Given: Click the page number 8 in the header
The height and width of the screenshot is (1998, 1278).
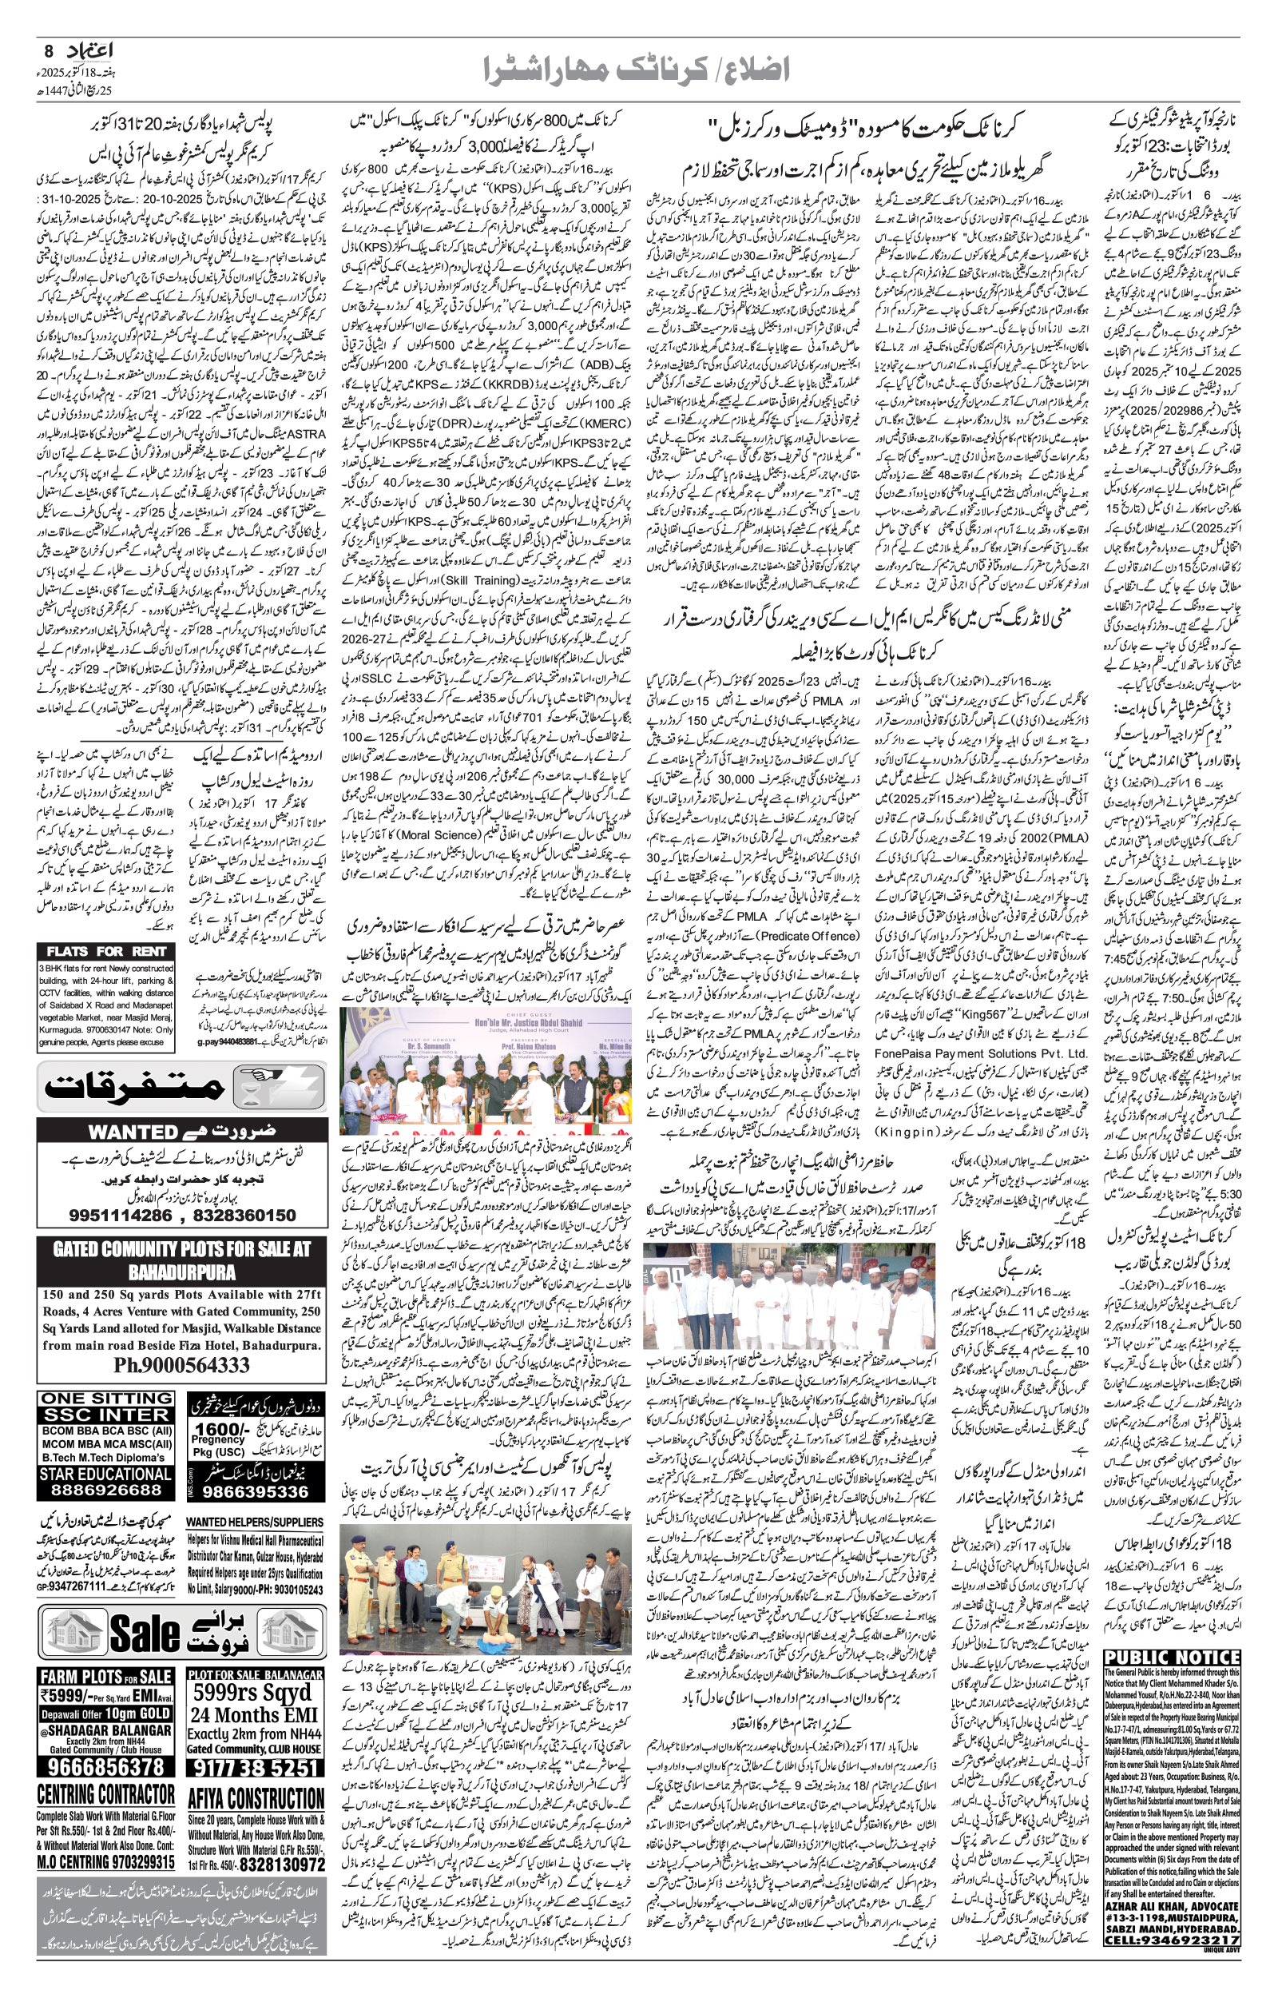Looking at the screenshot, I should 48,51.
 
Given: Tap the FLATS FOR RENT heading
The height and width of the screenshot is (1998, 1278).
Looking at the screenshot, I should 106,951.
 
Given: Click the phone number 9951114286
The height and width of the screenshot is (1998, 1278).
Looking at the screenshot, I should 121,1216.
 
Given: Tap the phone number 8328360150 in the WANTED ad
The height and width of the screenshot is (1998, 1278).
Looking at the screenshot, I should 244,1216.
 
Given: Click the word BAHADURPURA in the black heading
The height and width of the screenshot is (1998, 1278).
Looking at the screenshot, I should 182,1272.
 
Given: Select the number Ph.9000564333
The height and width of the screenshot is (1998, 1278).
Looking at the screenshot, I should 182,1366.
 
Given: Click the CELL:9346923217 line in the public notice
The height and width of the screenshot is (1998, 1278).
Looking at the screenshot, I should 1172,1980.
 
